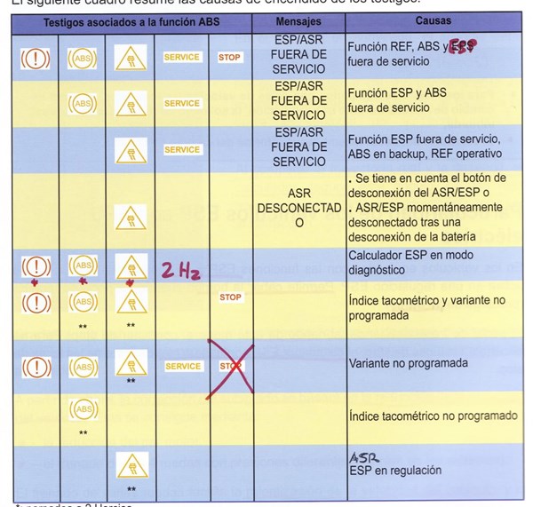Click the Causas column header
coord(433,20)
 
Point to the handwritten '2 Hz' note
coord(180,270)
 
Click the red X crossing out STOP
coord(229,366)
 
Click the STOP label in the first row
coord(229,58)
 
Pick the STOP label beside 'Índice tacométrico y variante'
coord(229,297)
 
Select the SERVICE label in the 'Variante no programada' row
coord(182,366)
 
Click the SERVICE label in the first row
coord(182,58)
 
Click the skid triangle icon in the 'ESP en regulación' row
coord(131,464)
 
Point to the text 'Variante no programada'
coord(408,363)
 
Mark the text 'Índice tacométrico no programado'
coord(433,415)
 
